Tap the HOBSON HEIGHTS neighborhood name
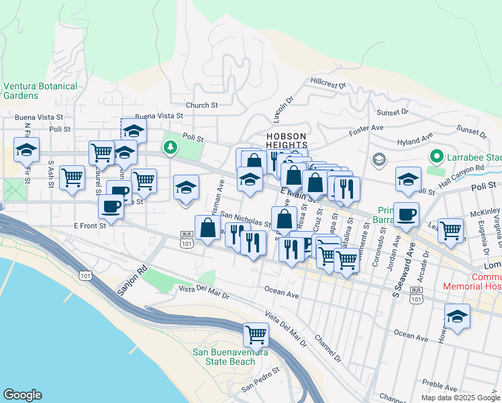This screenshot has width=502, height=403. pos(287,140)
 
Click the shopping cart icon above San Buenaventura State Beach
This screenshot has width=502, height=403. pos(256,334)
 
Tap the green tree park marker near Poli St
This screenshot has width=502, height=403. pos(171,146)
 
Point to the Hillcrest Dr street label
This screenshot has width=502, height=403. pos(328,85)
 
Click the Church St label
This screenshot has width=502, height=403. pos(202,105)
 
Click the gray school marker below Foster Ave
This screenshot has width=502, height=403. pos(379,160)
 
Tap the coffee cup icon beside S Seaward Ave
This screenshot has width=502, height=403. pos(405,215)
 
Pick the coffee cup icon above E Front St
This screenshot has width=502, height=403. pos(111,206)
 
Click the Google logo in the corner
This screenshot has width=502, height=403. pos(22,395)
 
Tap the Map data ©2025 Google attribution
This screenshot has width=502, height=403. pos(460,398)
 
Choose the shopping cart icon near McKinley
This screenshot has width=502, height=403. pos(451,230)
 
